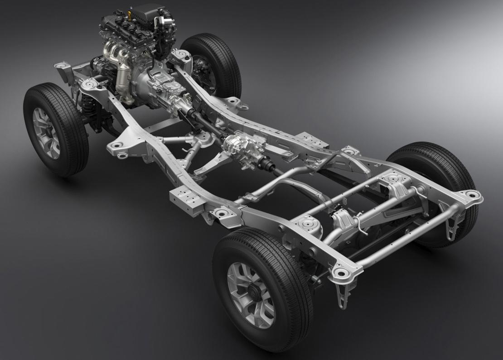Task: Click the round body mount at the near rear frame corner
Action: (339, 272)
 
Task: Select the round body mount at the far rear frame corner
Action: (471, 195)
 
